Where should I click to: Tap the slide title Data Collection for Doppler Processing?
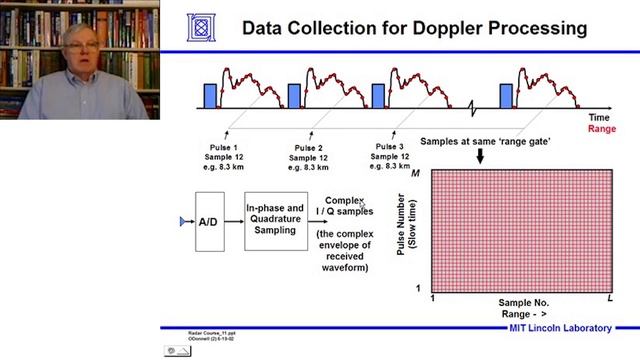pyautogui.click(x=414, y=28)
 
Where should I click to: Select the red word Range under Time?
pyautogui.click(x=602, y=128)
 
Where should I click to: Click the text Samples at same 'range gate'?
pyautogui.click(x=486, y=142)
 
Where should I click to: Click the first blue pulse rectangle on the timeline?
pyautogui.click(x=210, y=96)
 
